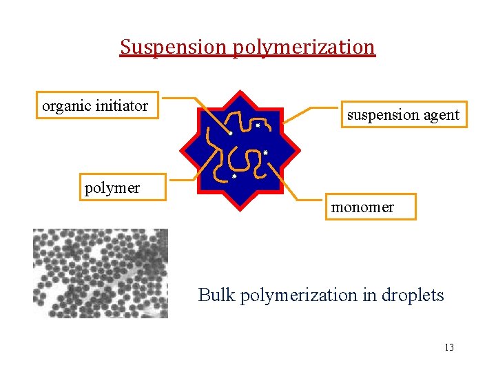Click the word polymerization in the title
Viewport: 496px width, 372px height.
click(x=304, y=47)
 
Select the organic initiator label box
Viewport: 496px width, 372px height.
click(x=96, y=106)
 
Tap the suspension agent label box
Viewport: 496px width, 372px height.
click(x=403, y=115)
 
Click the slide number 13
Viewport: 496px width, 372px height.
click(x=449, y=347)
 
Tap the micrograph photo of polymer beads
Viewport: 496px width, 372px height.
click(x=101, y=273)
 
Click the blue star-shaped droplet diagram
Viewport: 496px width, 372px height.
click(x=240, y=149)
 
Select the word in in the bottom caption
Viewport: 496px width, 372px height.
click(x=363, y=296)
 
